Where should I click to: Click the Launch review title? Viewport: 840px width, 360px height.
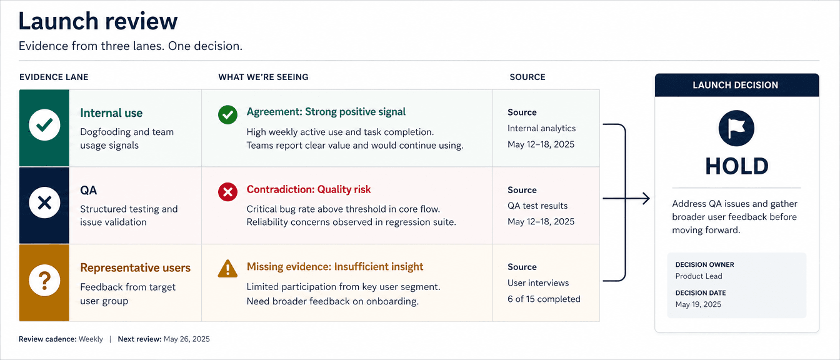[x=98, y=21]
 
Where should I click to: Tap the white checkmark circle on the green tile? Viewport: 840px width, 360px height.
[x=44, y=125]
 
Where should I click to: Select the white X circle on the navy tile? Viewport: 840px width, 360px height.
[x=44, y=203]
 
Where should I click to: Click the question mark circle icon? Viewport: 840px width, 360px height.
[x=44, y=281]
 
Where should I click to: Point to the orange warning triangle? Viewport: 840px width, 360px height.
[x=227, y=269]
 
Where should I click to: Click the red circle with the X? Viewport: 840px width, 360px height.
[x=227, y=192]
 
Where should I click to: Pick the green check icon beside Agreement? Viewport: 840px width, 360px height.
[x=227, y=114]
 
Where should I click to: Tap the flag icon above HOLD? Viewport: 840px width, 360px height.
[x=736, y=128]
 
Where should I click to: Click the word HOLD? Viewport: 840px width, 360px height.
[x=737, y=166]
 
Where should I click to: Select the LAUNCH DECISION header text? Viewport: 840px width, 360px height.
[x=736, y=85]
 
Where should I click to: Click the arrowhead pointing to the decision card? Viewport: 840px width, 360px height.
[x=646, y=198]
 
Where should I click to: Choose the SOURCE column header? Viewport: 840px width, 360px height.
[x=527, y=77]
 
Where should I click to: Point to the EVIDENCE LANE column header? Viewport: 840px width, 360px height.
[x=54, y=77]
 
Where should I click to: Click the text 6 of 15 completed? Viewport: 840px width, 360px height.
[x=544, y=299]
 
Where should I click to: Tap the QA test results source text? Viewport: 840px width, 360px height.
[x=537, y=206]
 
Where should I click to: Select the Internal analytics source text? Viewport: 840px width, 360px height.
[x=541, y=128]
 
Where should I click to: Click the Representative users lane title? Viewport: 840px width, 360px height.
[x=136, y=267]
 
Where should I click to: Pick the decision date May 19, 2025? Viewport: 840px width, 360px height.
[x=698, y=304]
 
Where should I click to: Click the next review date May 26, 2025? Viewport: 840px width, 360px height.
[x=187, y=339]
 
